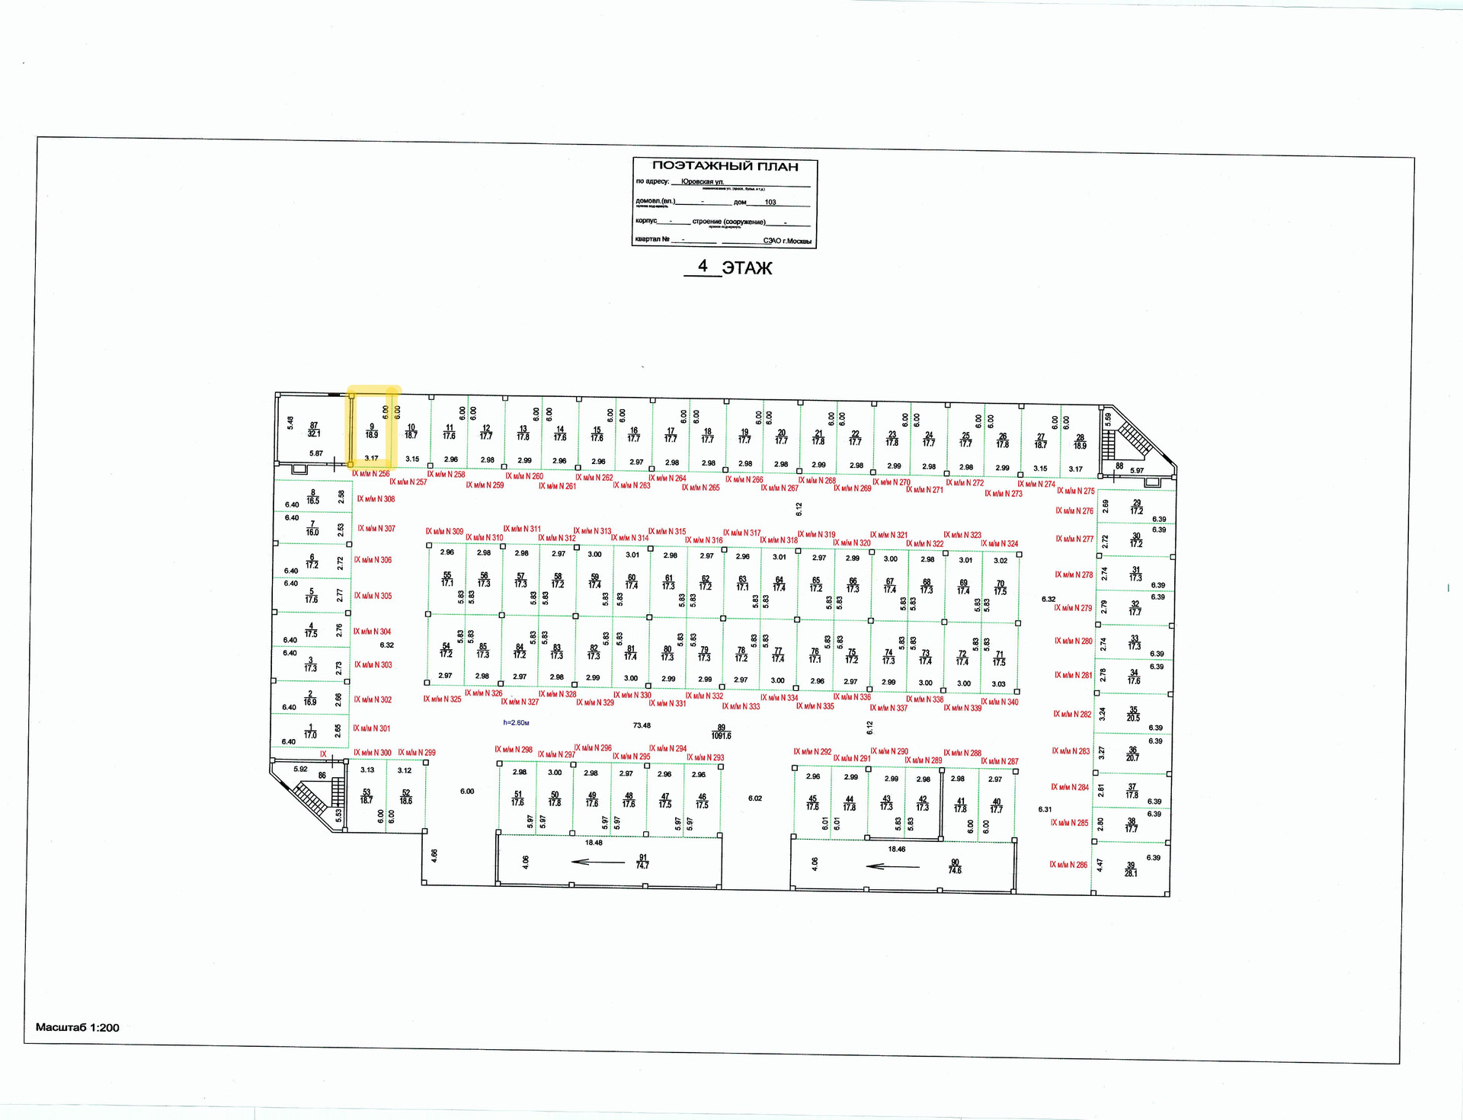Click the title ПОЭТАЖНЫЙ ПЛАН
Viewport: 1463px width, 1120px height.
click(725, 166)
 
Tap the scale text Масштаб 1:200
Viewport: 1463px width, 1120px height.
click(78, 1027)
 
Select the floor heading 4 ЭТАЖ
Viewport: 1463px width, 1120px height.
click(728, 267)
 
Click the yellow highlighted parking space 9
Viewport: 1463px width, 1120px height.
click(372, 430)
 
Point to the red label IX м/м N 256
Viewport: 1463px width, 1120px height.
click(370, 474)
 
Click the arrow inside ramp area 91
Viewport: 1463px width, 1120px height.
click(597, 862)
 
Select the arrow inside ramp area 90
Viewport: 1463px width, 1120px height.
click(893, 866)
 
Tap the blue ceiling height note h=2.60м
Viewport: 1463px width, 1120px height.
click(516, 722)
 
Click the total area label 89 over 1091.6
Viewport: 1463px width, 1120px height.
click(721, 731)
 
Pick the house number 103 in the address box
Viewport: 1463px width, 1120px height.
click(770, 202)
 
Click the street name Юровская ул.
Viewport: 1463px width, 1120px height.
click(703, 181)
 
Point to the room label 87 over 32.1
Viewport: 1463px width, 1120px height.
click(314, 430)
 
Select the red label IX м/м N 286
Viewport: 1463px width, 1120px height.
click(1068, 865)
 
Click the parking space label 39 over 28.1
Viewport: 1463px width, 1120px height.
click(1131, 869)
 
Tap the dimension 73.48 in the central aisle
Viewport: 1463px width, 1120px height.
click(642, 725)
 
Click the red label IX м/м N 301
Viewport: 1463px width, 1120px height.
click(372, 728)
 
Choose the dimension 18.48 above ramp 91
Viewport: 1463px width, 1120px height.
click(594, 843)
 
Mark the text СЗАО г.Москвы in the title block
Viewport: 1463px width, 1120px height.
click(787, 241)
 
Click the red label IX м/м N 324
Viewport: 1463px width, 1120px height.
click(999, 544)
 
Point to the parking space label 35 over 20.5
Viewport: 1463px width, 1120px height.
click(1133, 714)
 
